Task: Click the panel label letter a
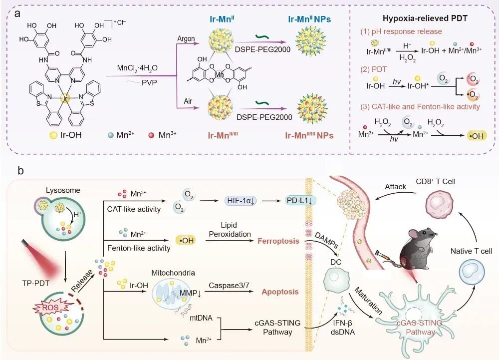click(x=17, y=13)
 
